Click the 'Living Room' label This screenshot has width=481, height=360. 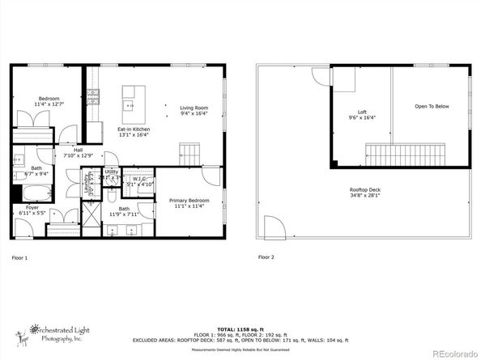pyautogui.click(x=194, y=108)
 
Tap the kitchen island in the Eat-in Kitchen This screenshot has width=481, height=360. pyautogui.click(x=130, y=100)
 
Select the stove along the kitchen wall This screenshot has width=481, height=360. pyautogui.click(x=92, y=97)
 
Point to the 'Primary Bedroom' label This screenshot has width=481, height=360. pyautogui.click(x=189, y=200)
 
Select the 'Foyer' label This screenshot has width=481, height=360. pyautogui.click(x=32, y=208)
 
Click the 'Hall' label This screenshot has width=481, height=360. pyautogui.click(x=78, y=150)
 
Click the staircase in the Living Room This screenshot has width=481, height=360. pyautogui.click(x=189, y=152)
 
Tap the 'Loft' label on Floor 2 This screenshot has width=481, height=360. pyautogui.click(x=362, y=112)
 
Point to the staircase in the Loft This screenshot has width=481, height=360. pyautogui.click(x=404, y=153)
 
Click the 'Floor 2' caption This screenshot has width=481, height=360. pyautogui.click(x=266, y=257)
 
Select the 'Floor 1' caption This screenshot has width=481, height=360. pyautogui.click(x=19, y=257)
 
